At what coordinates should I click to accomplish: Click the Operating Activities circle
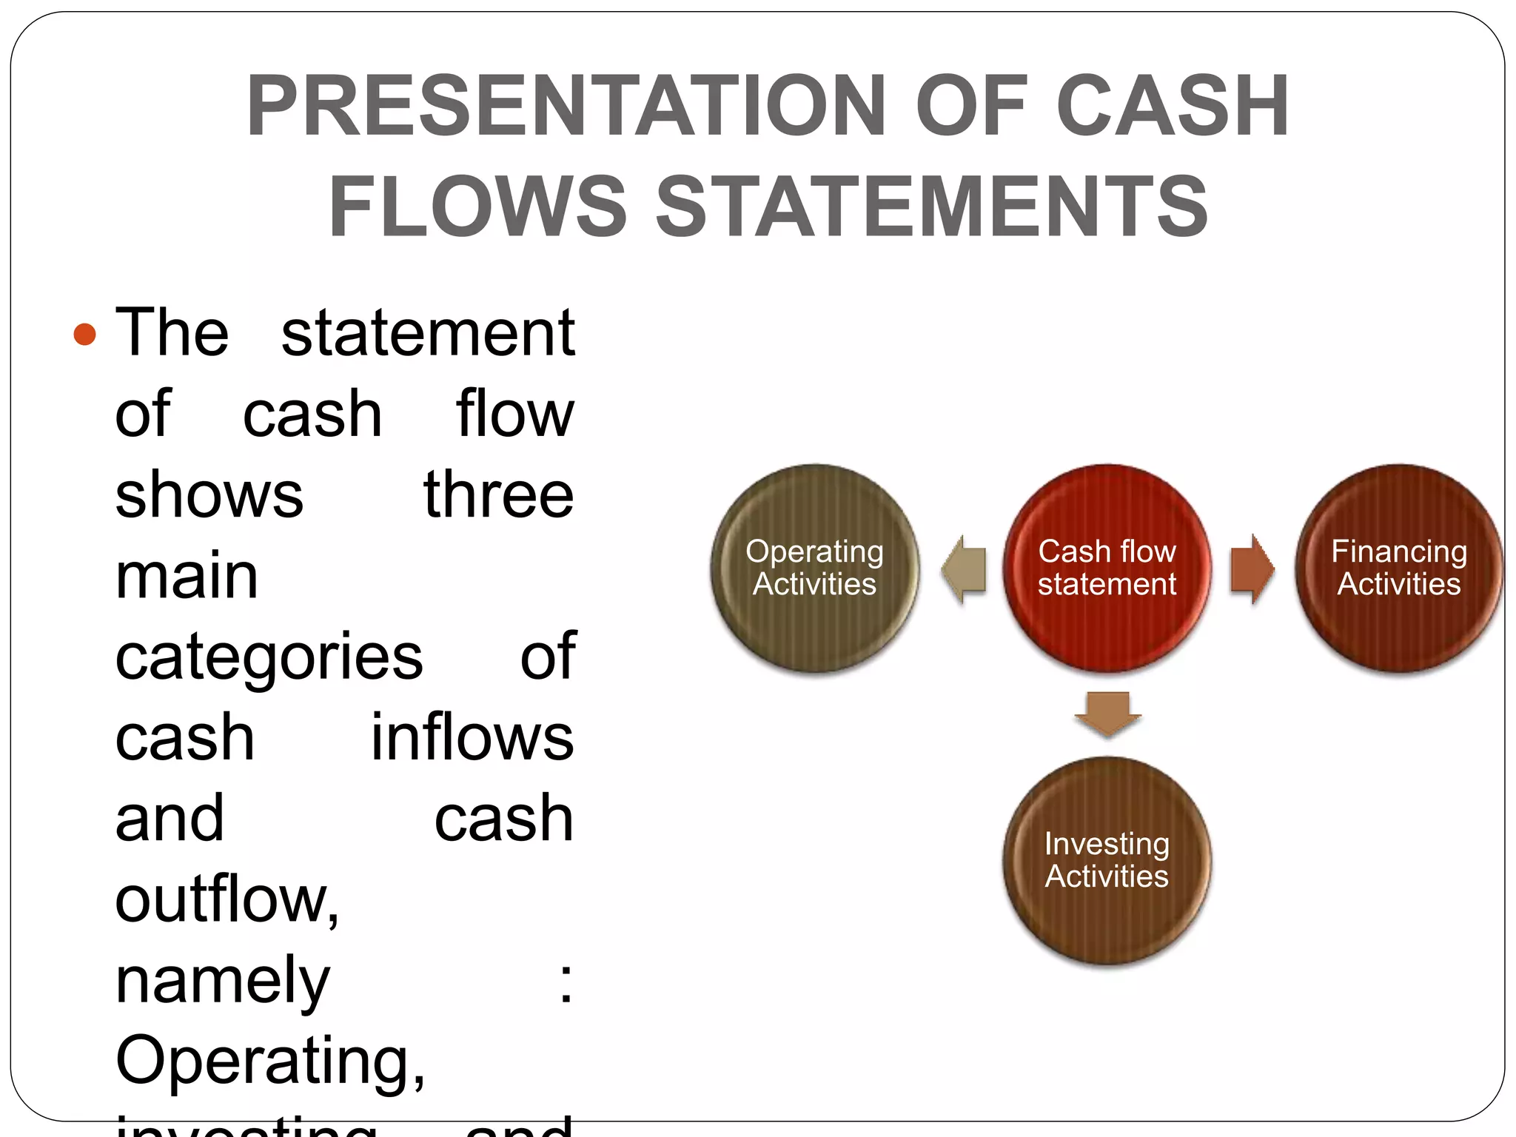814,568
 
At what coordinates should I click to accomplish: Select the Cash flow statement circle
1107,568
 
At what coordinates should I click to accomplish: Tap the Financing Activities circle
1398,568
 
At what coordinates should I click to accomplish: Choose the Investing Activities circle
1107,860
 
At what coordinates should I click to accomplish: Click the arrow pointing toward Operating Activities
964,568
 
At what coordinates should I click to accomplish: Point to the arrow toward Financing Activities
1252,568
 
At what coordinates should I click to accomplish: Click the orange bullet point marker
85,334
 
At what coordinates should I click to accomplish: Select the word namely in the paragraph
222,982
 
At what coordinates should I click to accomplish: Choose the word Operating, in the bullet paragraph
270,1061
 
